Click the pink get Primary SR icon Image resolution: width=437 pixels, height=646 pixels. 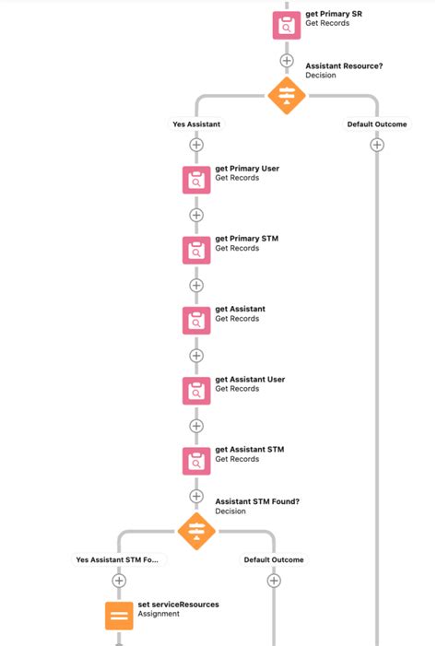(287, 25)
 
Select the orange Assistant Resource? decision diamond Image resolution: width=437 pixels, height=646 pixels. (287, 95)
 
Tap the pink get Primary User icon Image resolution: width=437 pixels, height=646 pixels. (195, 180)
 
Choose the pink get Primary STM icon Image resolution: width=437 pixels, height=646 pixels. (195, 250)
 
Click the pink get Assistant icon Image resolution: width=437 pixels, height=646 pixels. (195, 320)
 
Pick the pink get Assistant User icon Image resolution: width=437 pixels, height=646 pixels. (195, 390)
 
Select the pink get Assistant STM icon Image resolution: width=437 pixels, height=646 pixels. (195, 460)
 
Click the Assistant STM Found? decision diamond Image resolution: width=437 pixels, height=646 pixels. (195, 531)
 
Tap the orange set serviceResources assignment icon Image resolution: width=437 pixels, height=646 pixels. (119, 615)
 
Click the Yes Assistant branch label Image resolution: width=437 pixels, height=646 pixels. (195, 123)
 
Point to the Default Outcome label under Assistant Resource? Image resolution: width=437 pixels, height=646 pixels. (376, 123)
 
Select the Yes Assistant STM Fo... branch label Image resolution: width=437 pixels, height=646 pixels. (118, 559)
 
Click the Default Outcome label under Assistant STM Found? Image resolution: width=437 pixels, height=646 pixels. (273, 559)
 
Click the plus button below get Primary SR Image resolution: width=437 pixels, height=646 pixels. (287, 61)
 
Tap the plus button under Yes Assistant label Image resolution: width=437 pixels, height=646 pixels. (195, 145)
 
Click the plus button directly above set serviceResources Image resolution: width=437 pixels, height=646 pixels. (119, 581)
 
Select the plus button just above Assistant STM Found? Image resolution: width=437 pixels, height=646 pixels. (195, 496)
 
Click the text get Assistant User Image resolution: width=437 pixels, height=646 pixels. (251, 379)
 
